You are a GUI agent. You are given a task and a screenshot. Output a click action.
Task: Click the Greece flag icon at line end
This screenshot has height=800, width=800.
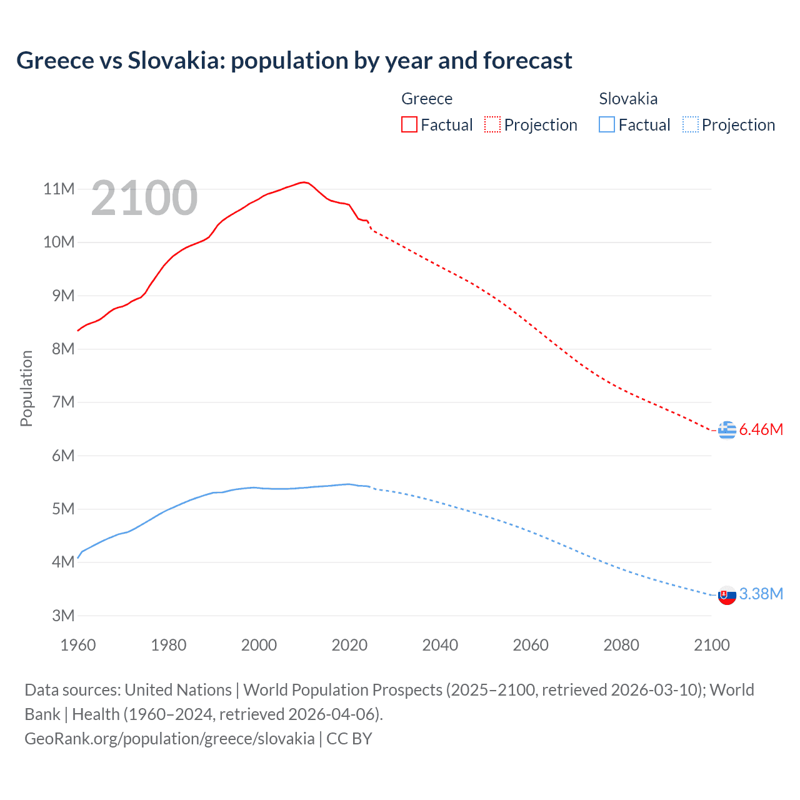pos(727,430)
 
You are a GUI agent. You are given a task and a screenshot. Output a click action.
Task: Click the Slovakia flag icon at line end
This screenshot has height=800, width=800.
pos(727,596)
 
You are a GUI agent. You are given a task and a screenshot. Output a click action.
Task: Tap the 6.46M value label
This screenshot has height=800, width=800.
pos(761,430)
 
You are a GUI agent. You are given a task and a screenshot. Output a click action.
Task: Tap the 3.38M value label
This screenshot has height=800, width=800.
pos(761,594)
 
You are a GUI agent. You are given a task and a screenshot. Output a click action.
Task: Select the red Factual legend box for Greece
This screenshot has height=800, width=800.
pos(409,125)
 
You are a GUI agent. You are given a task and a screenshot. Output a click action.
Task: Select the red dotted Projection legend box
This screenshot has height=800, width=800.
pos(492,125)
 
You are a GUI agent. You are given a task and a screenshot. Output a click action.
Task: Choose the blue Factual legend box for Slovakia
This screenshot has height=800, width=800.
pos(607,125)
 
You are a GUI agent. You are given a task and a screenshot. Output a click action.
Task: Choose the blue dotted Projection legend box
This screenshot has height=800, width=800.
pos(691,125)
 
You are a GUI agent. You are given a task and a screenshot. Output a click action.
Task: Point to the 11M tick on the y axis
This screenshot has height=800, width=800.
pos(59,189)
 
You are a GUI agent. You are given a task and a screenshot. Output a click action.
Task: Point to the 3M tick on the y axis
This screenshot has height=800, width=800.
pos(62,616)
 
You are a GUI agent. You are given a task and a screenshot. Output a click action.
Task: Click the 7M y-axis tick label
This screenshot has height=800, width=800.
pos(62,402)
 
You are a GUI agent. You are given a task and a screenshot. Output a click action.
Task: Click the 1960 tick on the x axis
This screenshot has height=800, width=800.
pos(78,645)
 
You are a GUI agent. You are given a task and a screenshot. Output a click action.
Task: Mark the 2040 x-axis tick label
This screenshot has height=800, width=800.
pos(440,645)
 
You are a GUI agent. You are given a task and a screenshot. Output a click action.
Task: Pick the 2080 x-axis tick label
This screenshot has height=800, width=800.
pos(621,645)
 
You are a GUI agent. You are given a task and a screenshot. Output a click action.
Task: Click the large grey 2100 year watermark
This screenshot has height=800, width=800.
pos(144,199)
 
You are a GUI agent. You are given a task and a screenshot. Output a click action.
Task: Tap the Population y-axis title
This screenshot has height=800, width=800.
pos(26,388)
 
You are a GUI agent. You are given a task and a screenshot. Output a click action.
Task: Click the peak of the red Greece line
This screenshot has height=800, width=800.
pos(304,182)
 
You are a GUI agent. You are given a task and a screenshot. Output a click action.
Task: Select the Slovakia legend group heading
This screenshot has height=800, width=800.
pos(628,99)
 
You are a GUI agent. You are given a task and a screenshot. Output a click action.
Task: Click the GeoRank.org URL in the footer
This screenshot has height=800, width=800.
pos(169,739)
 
